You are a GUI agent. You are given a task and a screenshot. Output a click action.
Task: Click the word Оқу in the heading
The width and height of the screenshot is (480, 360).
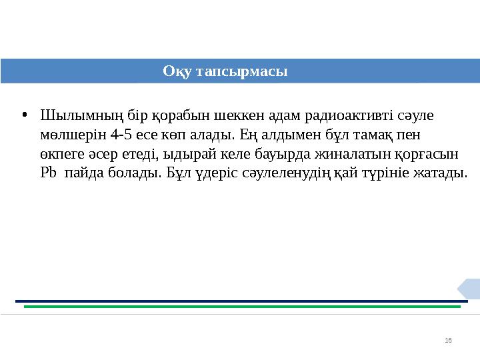click(x=177, y=71)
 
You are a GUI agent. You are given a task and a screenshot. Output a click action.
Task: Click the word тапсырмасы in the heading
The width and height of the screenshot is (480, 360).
click(x=241, y=71)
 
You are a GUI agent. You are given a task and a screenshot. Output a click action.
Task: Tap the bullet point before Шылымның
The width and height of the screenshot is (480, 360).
click(x=24, y=115)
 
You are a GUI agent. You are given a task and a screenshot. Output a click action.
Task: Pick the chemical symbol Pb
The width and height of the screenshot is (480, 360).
click(x=49, y=174)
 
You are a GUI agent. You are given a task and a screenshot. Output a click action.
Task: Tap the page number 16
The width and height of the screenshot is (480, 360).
click(x=448, y=341)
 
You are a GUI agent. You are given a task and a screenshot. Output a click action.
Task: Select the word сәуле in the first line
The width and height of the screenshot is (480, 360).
click(x=417, y=116)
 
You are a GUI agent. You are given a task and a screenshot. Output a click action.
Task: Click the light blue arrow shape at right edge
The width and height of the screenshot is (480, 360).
click(x=469, y=289)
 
